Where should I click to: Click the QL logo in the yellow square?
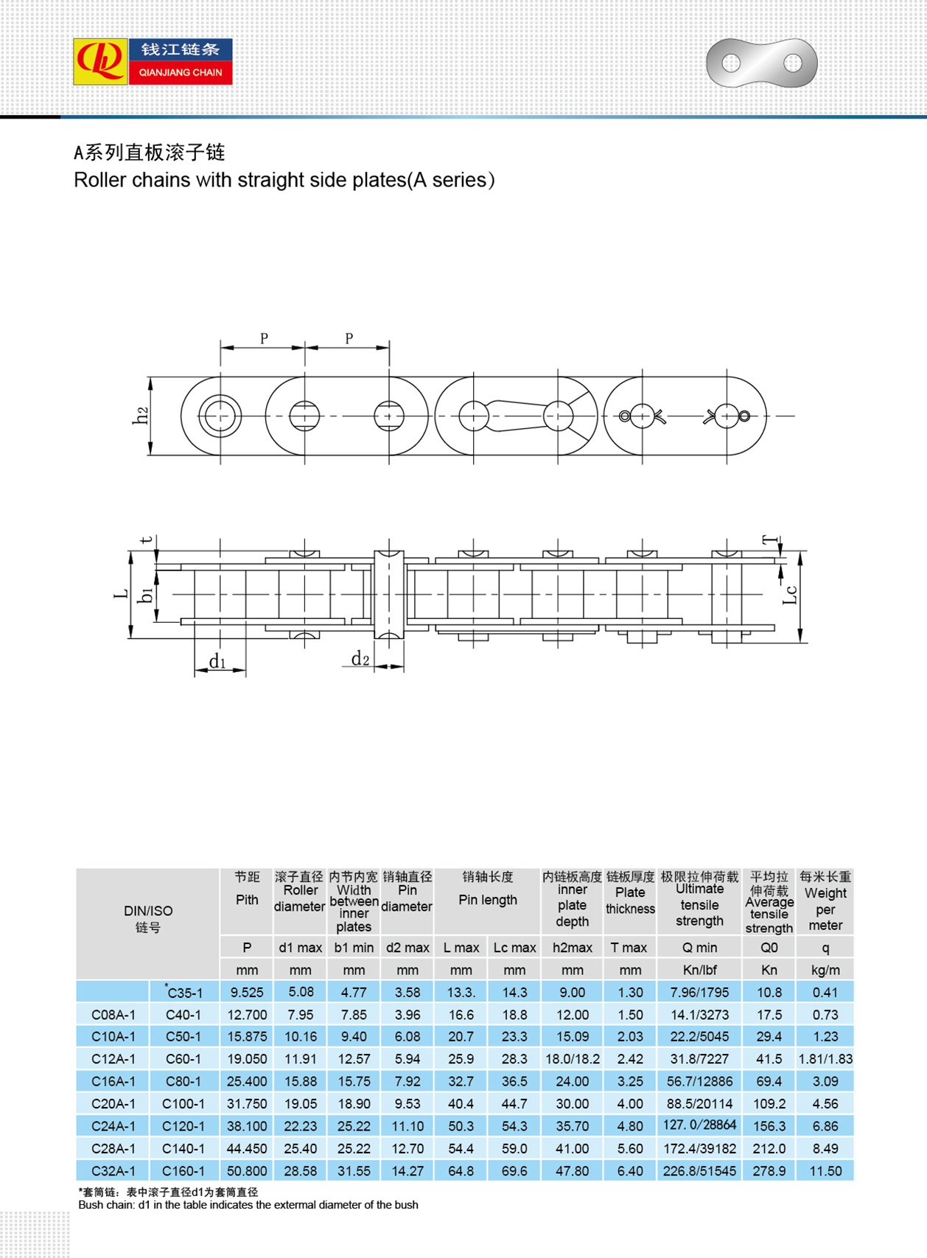tap(100, 62)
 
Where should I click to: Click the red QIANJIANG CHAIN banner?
tap(181, 73)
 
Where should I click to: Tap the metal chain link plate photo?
tap(761, 63)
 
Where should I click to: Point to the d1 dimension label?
tap(217, 661)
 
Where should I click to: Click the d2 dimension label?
tap(360, 659)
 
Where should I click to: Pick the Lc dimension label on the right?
tap(789, 594)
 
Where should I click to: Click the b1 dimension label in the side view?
tap(147, 594)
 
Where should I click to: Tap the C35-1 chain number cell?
tap(184, 993)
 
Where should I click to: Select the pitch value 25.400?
tap(247, 1081)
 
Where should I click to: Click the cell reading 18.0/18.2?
tap(572, 1059)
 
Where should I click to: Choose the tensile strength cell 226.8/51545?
tap(699, 1170)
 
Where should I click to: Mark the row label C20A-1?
tap(113, 1104)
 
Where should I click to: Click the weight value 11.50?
tap(825, 1170)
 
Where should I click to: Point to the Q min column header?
tap(699, 948)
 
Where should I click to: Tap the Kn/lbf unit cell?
tap(699, 971)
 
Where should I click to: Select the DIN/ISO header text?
tap(147, 911)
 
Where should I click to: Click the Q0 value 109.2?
tap(769, 1104)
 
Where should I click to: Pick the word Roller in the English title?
tap(99, 181)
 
